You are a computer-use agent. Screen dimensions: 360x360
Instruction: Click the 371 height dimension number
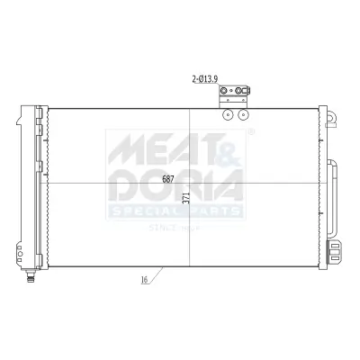(185, 200)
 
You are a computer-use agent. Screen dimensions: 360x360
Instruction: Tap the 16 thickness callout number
(144, 281)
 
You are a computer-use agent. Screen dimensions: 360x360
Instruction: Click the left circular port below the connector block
(229, 114)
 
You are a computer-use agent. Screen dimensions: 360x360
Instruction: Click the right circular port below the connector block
(244, 114)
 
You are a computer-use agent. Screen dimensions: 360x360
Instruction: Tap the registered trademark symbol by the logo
(251, 131)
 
